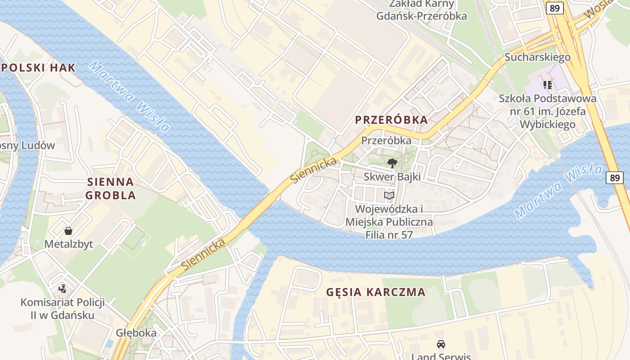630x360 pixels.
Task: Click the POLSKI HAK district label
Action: [38, 68]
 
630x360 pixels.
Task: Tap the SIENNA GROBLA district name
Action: [110, 189]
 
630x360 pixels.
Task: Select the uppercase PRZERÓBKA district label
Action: [391, 120]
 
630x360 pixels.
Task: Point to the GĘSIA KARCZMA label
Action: [376, 292]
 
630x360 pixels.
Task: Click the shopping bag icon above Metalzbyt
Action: [68, 231]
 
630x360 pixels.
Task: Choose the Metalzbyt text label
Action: [68, 244]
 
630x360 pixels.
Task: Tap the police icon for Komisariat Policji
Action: [63, 288]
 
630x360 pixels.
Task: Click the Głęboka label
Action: [136, 333]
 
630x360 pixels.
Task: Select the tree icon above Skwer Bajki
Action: [392, 163]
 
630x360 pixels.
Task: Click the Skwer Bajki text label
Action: [392, 176]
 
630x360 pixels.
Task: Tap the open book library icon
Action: [389, 195]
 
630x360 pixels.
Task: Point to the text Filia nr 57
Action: [389, 234]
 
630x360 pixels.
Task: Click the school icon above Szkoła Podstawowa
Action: [548, 85]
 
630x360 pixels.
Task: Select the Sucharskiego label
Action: [537, 57]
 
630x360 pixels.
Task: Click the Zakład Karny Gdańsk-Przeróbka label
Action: [422, 10]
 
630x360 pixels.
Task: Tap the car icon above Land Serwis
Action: [441, 344]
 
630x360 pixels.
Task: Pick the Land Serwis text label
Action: [441, 356]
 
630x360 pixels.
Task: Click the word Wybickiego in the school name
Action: [548, 124]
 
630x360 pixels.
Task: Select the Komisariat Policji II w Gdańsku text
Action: [63, 308]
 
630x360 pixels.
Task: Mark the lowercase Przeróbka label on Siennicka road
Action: [386, 140]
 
